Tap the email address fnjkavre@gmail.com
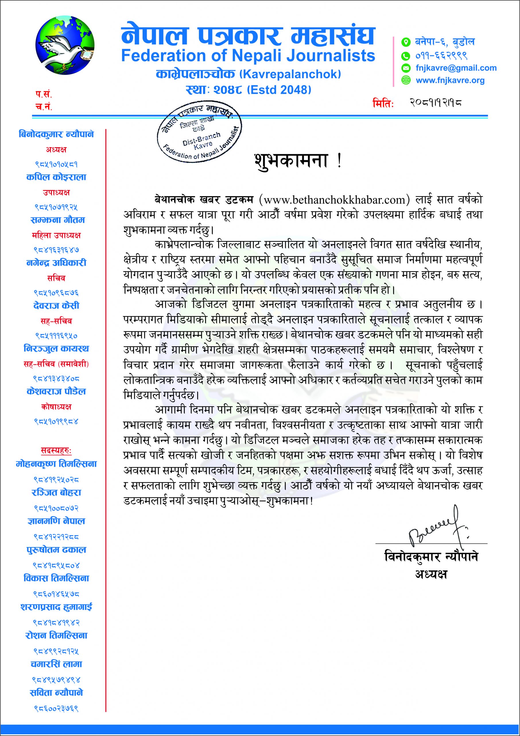(x=456, y=68)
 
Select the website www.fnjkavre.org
(x=450, y=80)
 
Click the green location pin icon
(x=406, y=42)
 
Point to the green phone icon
(x=406, y=56)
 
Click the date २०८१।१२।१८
(x=435, y=103)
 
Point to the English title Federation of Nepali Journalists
(x=248, y=56)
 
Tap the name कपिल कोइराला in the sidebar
(x=56, y=177)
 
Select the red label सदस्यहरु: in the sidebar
(x=56, y=451)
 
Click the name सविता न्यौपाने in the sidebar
(x=56, y=692)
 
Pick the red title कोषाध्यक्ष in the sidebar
(x=56, y=407)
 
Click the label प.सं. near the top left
(x=44, y=95)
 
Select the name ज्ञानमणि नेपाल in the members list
(x=56, y=521)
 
